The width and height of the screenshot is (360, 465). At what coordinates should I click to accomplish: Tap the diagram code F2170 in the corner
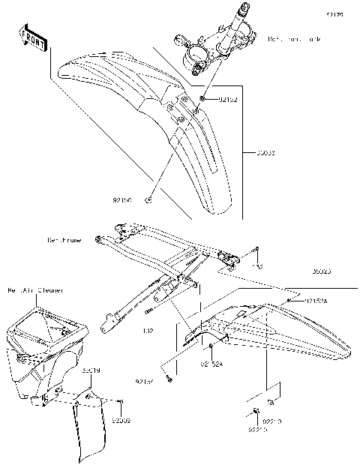(x=334, y=14)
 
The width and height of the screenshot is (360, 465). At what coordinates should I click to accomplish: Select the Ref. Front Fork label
(x=295, y=38)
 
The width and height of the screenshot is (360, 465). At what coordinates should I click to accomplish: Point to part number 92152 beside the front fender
(x=228, y=99)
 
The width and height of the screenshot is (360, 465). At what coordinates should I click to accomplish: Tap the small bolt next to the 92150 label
(x=149, y=199)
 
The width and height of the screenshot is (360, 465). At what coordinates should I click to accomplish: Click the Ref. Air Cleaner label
(x=35, y=289)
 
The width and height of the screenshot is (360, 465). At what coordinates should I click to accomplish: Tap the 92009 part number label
(x=121, y=421)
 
